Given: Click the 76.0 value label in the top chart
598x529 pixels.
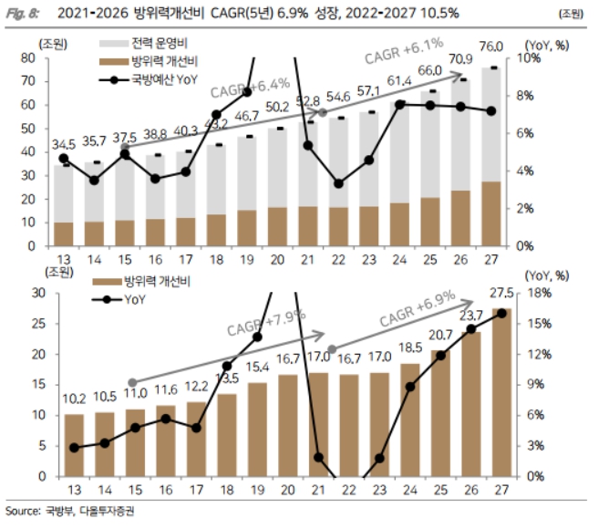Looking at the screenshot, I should click(491, 47).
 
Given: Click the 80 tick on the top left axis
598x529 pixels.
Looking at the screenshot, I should click(53, 57).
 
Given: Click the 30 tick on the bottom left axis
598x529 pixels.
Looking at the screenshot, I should click(53, 293).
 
